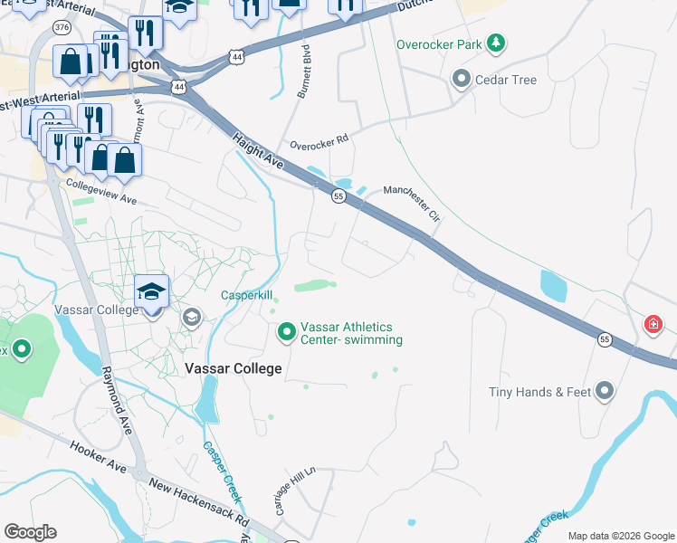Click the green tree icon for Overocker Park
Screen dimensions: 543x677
[x=495, y=43]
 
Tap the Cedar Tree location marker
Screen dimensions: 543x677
[x=462, y=80]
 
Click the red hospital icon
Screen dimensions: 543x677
[x=652, y=324]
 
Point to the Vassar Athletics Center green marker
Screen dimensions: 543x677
[x=287, y=333]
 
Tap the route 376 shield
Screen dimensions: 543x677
[x=62, y=28]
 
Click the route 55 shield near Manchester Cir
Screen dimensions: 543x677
[x=337, y=196]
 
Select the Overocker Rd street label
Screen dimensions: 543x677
[x=319, y=143]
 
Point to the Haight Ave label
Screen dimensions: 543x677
[x=259, y=151]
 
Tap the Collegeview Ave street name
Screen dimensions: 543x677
[x=100, y=190]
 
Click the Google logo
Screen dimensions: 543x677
[x=30, y=532]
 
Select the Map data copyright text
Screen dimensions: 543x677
[x=620, y=536]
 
